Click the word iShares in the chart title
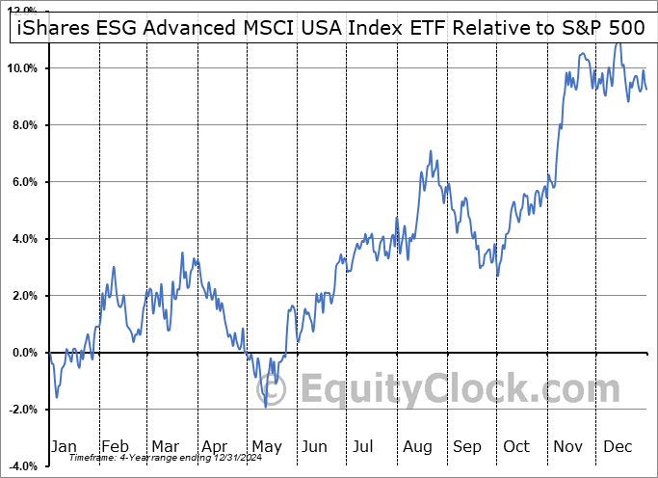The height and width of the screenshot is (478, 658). pyautogui.click(x=49, y=30)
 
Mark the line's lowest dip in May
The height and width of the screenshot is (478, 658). pyautogui.click(x=265, y=408)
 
